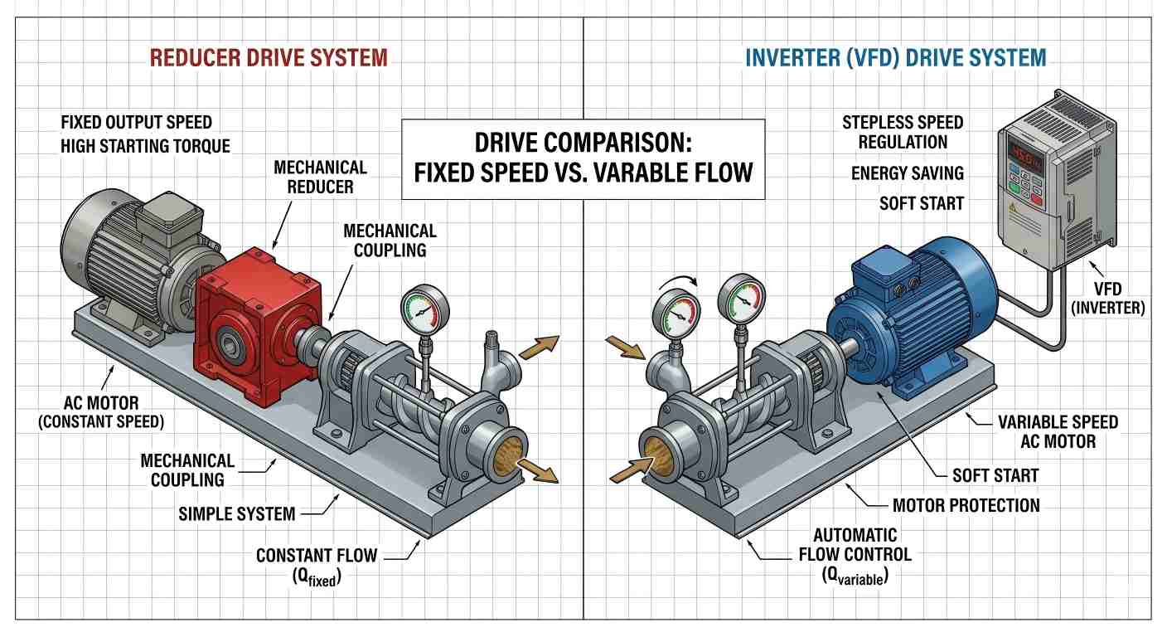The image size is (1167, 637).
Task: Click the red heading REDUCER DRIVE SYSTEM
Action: [x=268, y=58]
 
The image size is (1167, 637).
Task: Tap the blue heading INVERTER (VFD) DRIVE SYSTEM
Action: [x=895, y=58]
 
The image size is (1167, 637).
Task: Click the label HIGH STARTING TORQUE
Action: [x=145, y=146]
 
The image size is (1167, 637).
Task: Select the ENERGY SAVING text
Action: [x=908, y=173]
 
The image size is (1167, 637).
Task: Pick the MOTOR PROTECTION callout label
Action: [x=966, y=505]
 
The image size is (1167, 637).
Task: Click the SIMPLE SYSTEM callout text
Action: [x=236, y=514]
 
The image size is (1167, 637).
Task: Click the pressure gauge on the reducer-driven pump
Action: [x=424, y=310]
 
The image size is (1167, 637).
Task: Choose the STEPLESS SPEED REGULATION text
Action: [x=903, y=132]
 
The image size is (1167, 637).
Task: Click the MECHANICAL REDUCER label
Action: [x=320, y=177]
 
